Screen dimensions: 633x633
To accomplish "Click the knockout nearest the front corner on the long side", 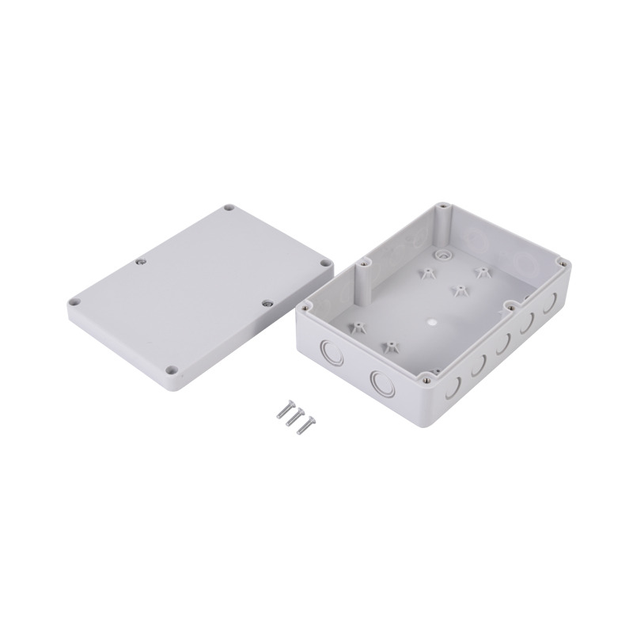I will point(452,386).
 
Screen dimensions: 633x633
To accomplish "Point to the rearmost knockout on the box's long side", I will point(546,310).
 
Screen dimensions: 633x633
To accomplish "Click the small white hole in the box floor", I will point(431,322).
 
